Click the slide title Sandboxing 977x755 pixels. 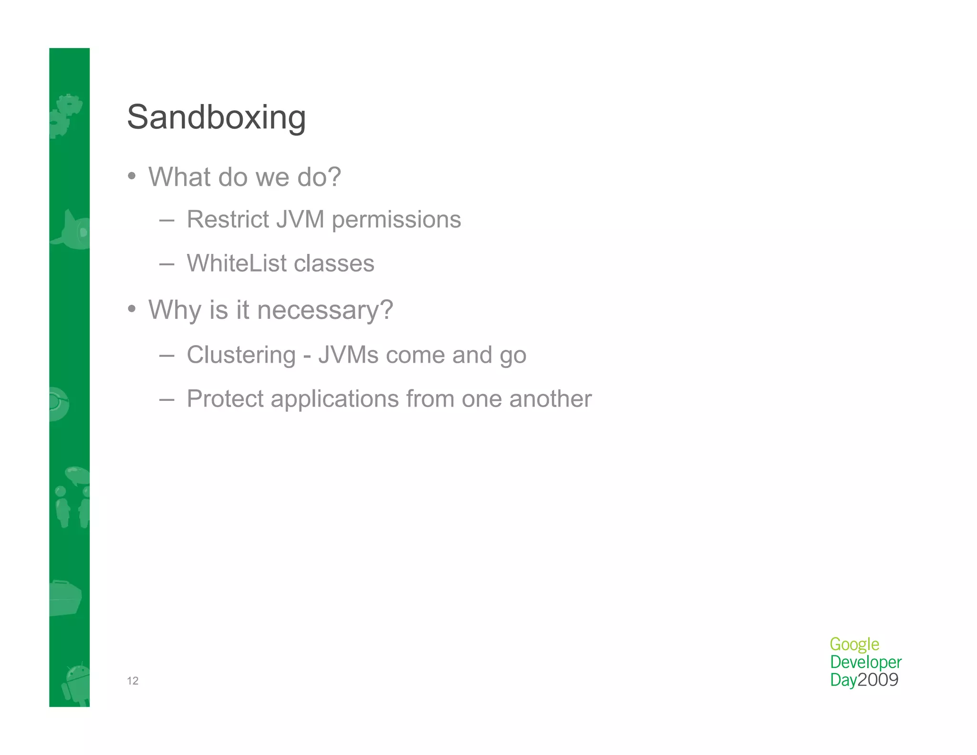click(216, 117)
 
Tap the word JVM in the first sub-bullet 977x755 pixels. click(300, 220)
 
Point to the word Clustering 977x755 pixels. click(241, 356)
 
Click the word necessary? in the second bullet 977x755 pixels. click(325, 310)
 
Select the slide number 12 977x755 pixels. click(133, 681)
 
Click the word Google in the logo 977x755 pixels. click(854, 645)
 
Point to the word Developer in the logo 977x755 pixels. click(865, 662)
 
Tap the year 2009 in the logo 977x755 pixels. click(878, 680)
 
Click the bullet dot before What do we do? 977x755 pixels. click(132, 177)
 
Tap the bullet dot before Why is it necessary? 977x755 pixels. click(132, 310)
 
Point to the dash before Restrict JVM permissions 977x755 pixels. click(166, 220)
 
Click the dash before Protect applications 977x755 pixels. click(166, 399)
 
